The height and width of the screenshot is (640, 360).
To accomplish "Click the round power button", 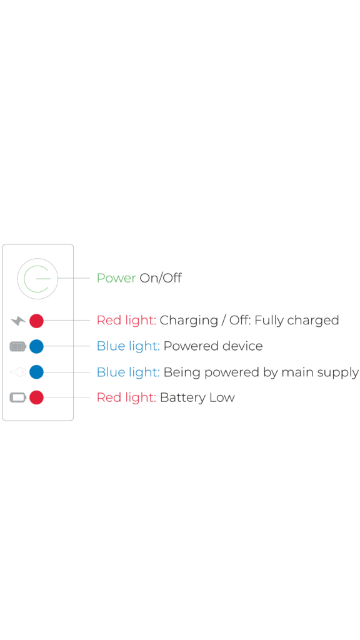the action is click(x=37, y=279).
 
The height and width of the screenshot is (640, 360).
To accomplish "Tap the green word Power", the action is click(x=116, y=278).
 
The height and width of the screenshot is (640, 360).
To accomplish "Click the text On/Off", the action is click(x=161, y=278).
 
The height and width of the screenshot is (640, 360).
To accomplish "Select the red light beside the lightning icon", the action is click(x=36, y=321).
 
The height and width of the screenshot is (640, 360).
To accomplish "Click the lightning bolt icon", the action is click(x=18, y=321).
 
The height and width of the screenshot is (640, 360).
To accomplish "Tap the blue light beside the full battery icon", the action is click(x=36, y=346).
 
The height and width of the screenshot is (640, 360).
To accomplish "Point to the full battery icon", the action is click(x=18, y=346).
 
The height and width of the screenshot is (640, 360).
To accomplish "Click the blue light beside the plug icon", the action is click(x=36, y=372).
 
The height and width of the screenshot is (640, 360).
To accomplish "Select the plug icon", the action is click(x=18, y=372).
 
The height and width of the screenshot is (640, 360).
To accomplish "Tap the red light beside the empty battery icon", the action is click(x=36, y=397).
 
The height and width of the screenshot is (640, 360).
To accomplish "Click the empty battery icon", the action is click(x=18, y=397).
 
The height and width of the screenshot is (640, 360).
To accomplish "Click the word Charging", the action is click(x=188, y=321).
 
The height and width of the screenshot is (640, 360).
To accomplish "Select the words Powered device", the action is click(x=213, y=346).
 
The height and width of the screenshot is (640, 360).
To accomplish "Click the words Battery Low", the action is click(x=197, y=397).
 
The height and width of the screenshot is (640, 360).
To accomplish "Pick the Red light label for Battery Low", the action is click(x=126, y=397).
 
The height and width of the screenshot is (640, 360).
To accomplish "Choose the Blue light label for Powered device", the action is click(x=128, y=346).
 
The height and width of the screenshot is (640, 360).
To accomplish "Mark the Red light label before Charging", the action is click(x=126, y=321).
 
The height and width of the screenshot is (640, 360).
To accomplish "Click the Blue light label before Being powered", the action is click(x=128, y=372).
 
